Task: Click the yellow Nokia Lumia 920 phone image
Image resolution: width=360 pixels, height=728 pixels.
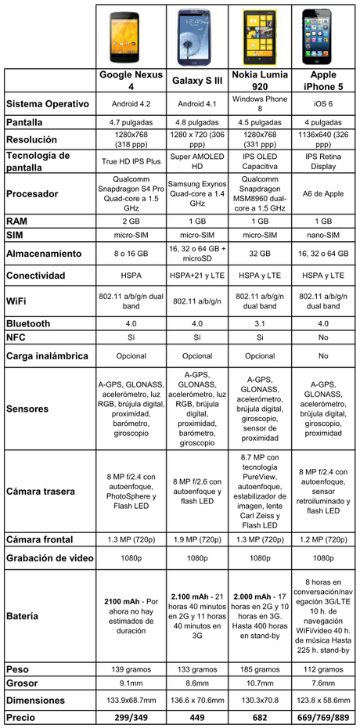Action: pos(259,37)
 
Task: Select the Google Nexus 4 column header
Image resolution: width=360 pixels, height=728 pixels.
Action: pos(131,81)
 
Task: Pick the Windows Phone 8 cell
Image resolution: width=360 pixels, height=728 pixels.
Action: pos(260,104)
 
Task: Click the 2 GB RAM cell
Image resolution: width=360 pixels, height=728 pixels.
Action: pos(131,221)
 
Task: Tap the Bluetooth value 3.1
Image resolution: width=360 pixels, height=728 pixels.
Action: pos(260,323)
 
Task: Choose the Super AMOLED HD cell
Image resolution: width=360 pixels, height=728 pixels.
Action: pos(197,161)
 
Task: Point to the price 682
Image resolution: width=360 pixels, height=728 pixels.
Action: pos(260,717)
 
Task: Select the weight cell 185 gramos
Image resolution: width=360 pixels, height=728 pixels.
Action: pos(260,669)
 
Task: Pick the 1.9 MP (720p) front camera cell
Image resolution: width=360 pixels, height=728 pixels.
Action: pos(197,540)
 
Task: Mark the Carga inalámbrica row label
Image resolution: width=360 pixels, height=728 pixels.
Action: pos(49,356)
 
